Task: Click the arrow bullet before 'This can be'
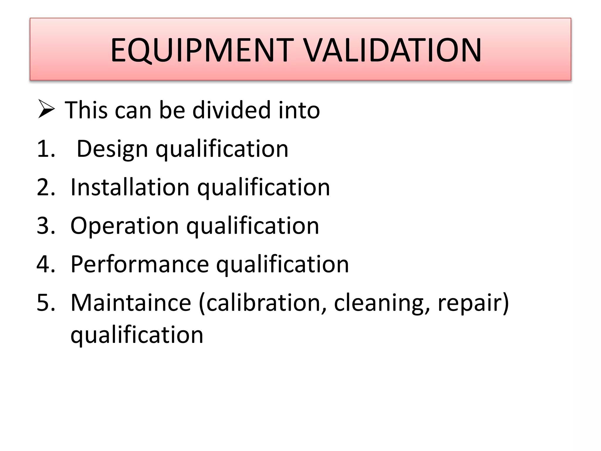click(x=46, y=109)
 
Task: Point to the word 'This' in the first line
click(x=86, y=110)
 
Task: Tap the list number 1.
click(x=45, y=149)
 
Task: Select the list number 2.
click(x=45, y=187)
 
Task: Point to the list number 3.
click(x=45, y=226)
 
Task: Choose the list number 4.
click(x=45, y=264)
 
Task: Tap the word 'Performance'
click(x=140, y=264)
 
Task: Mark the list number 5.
click(x=45, y=303)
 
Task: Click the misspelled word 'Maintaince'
click(x=131, y=303)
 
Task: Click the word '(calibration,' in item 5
click(x=263, y=303)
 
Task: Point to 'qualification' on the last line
click(x=137, y=335)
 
